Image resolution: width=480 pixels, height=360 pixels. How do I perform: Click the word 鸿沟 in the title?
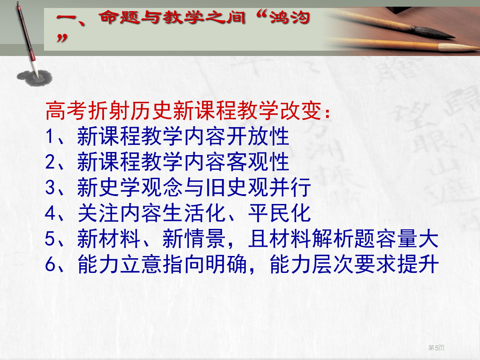pyautogui.click(x=290, y=17)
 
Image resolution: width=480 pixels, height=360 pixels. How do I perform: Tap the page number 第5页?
pyautogui.click(x=436, y=348)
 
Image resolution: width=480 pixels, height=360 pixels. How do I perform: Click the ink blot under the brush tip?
pyautogui.click(x=35, y=78)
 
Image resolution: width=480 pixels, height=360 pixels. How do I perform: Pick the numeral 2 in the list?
pyautogui.click(x=50, y=162)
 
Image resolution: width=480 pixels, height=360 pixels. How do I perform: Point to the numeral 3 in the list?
pyautogui.click(x=50, y=188)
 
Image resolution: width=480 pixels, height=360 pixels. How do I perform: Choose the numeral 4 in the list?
pyautogui.click(x=50, y=213)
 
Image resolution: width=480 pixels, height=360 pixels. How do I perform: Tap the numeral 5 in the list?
pyautogui.click(x=50, y=239)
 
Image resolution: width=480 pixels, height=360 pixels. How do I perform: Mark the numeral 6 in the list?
pyautogui.click(x=50, y=264)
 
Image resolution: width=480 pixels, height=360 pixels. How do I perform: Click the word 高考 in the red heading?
pyautogui.click(x=66, y=111)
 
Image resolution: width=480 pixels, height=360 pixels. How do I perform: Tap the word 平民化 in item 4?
pyautogui.click(x=279, y=213)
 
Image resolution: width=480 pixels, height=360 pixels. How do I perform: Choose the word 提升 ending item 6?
pyautogui.click(x=418, y=264)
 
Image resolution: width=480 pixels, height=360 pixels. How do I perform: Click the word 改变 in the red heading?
pyautogui.click(x=300, y=111)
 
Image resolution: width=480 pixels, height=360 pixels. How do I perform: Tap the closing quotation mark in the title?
pyautogui.click(x=62, y=38)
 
